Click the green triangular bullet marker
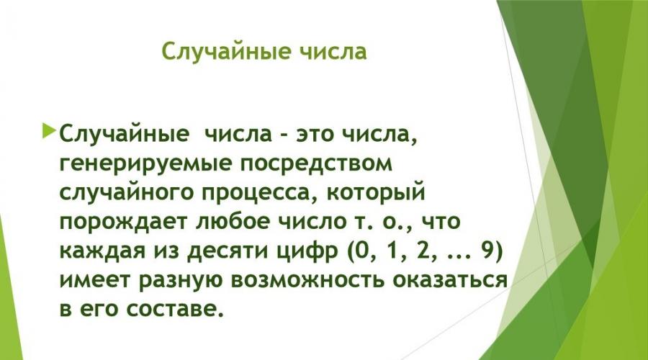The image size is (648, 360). (49, 130)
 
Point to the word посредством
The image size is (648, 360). (316, 163)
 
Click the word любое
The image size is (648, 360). (230, 222)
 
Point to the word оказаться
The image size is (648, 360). (449, 280)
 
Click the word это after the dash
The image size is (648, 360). (313, 135)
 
